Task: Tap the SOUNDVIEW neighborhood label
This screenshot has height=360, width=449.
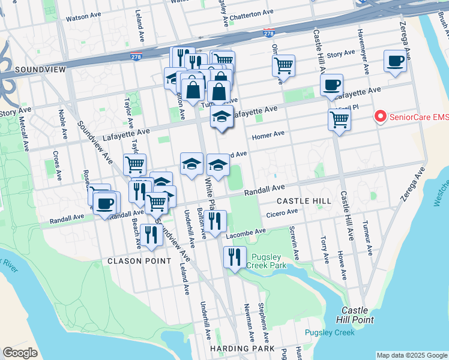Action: [x=40, y=70]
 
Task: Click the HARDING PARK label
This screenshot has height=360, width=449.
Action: [x=243, y=349]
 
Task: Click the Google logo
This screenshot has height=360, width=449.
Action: [x=20, y=353]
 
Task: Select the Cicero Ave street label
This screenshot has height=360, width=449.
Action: [x=282, y=212]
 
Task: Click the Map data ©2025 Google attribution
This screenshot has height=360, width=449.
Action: [x=411, y=355]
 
